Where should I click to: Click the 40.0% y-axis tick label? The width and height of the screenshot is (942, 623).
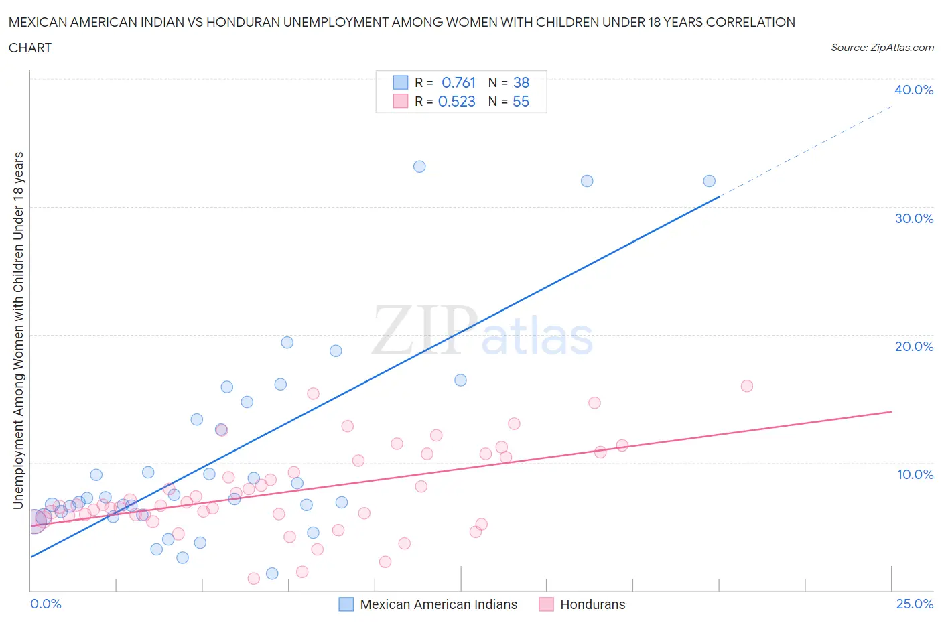914,90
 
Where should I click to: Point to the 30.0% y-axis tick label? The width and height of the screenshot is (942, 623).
914,218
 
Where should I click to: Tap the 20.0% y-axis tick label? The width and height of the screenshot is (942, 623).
914,346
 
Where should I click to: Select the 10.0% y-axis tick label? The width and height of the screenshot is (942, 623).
915,474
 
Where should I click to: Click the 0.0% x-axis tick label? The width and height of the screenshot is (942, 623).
46,604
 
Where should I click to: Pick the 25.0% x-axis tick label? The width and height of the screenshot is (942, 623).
915,604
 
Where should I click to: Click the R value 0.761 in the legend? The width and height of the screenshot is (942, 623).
458,82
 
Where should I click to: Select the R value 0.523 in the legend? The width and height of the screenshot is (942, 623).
456,101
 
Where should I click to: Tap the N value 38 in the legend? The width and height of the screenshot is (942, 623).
521,82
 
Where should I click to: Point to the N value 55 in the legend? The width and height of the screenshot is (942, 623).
521,101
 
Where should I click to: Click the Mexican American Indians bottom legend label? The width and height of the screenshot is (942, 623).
438,604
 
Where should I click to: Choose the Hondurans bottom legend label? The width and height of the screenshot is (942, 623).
592,604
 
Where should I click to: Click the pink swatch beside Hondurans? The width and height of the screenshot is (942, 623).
547,604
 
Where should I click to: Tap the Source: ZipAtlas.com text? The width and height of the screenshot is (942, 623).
882,48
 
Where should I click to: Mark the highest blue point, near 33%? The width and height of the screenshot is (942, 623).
419,167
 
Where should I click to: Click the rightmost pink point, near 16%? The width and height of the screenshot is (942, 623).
747,386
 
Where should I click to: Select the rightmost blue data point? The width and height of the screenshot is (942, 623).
709,181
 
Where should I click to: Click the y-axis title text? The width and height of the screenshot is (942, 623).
18,331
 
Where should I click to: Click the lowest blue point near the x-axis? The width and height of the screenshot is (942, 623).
272,573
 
